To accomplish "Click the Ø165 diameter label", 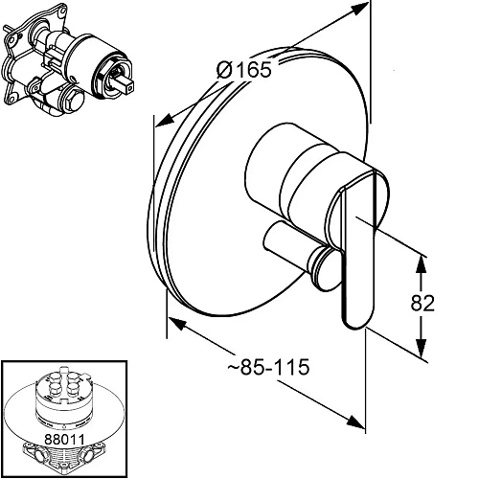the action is [244, 70].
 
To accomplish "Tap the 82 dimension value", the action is [422, 303].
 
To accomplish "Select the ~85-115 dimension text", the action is [268, 367].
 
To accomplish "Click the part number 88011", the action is [64, 439].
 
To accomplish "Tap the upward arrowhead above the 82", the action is [422, 264].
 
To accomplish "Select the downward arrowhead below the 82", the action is [422, 348].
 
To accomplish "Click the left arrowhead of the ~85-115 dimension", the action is [177, 323].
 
